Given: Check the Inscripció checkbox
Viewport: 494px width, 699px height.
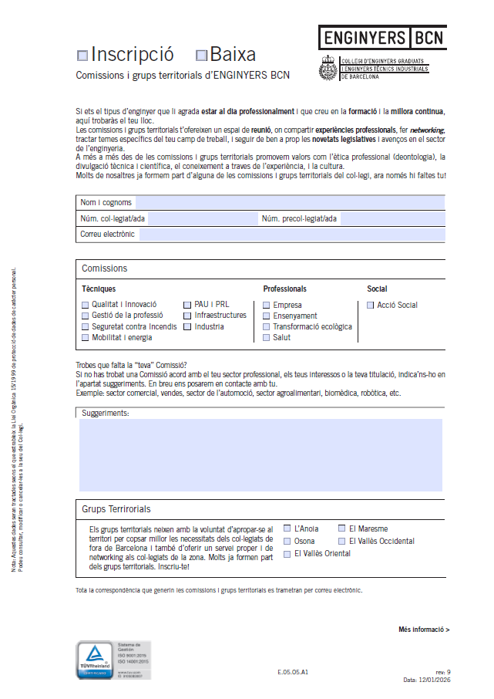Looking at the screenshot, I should tap(82, 56).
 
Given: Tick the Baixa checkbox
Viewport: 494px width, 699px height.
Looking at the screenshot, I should tap(202, 56).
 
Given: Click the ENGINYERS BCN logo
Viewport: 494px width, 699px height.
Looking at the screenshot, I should tap(382, 37).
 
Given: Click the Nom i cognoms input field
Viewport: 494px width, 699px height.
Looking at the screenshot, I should tap(290, 202).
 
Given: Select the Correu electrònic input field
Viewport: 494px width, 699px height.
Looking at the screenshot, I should tap(291, 234).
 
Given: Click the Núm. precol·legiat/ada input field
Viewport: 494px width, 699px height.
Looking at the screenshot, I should tap(392, 218).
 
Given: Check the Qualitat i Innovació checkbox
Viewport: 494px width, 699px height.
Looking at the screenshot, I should tap(86, 305).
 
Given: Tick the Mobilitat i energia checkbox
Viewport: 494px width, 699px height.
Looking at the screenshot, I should tap(86, 337).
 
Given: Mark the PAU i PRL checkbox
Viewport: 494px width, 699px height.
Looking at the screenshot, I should tap(188, 305).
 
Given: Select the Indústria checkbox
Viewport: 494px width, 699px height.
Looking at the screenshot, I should tap(188, 326).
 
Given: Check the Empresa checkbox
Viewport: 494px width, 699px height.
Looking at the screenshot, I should tap(267, 305).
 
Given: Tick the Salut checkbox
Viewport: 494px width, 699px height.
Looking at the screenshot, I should tap(267, 337).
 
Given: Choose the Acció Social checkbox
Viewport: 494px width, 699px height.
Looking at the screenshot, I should tap(371, 305).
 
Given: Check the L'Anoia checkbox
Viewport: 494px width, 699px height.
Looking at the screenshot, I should tap(287, 528).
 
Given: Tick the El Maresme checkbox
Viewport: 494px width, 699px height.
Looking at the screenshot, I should tap(342, 528).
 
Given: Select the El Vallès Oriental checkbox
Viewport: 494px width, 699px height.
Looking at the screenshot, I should tap(287, 553).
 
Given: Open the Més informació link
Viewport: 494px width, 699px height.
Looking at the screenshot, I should tap(424, 630).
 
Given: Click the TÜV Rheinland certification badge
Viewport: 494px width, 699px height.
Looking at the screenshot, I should tap(113, 660).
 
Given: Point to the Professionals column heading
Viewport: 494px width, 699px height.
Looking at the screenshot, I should tap(284, 289).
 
